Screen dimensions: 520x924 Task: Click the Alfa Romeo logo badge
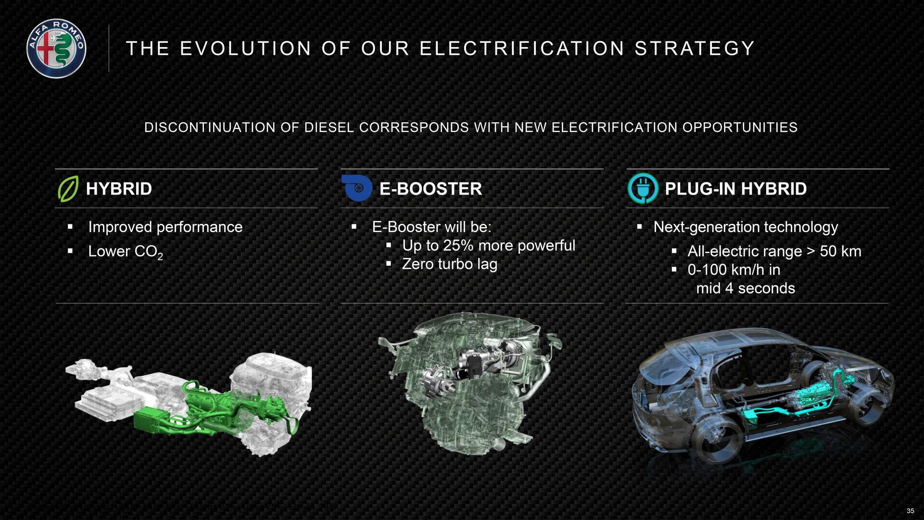56,49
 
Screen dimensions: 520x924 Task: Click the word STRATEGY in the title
695,49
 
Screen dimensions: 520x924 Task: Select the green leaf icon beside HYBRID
68,188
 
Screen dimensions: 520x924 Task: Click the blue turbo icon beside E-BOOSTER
357,188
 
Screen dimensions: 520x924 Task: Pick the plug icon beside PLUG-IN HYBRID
643,188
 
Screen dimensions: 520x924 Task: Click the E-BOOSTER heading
430,189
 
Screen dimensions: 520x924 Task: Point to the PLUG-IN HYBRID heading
735,189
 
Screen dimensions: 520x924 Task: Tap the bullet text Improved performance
165,227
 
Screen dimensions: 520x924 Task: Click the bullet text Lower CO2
125,251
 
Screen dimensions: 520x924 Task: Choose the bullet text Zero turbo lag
449,264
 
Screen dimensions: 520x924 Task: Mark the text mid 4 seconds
746,288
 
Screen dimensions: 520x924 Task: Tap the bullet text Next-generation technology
746,227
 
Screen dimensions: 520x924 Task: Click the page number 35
910,511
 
